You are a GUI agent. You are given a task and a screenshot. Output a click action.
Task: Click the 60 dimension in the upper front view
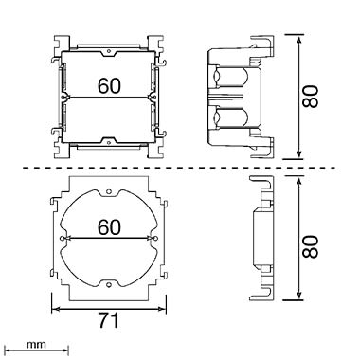click(x=109, y=85)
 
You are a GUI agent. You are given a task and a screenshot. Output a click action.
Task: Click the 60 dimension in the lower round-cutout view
click(x=109, y=227)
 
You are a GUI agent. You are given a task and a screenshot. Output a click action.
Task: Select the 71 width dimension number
click(x=108, y=321)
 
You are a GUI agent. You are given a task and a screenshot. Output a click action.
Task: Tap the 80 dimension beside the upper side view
click(x=310, y=97)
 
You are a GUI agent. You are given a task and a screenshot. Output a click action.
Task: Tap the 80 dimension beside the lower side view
click(x=310, y=246)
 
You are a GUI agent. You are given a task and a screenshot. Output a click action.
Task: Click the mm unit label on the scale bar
click(x=36, y=345)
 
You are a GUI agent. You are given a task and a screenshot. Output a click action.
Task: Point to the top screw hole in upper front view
click(x=109, y=50)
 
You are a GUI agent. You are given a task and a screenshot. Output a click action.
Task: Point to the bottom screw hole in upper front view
click(x=109, y=142)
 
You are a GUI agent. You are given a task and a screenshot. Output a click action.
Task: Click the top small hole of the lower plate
click(x=109, y=191)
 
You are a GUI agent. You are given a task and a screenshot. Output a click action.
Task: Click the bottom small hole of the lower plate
click(x=109, y=285)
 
